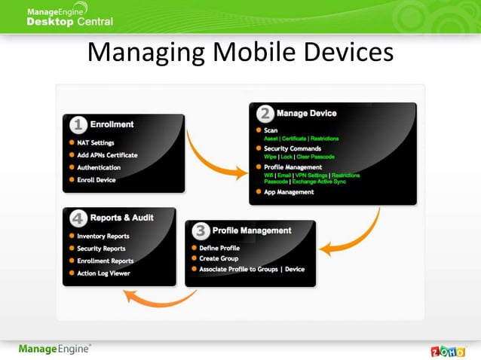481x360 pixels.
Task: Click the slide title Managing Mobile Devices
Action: click(240, 52)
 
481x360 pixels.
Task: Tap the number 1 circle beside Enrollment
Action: click(78, 124)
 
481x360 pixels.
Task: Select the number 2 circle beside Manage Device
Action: click(265, 114)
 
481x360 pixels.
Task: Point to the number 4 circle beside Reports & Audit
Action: click(78, 218)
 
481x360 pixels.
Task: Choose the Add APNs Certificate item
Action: click(107, 155)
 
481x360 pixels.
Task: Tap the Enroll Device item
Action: click(97, 180)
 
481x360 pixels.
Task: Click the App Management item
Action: click(289, 192)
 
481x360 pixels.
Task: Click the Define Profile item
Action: click(219, 248)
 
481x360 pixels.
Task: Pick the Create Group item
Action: click(219, 258)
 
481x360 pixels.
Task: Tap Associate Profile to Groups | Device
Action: click(253, 269)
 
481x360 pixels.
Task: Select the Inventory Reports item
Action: click(103, 236)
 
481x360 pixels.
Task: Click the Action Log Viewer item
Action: click(103, 273)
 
